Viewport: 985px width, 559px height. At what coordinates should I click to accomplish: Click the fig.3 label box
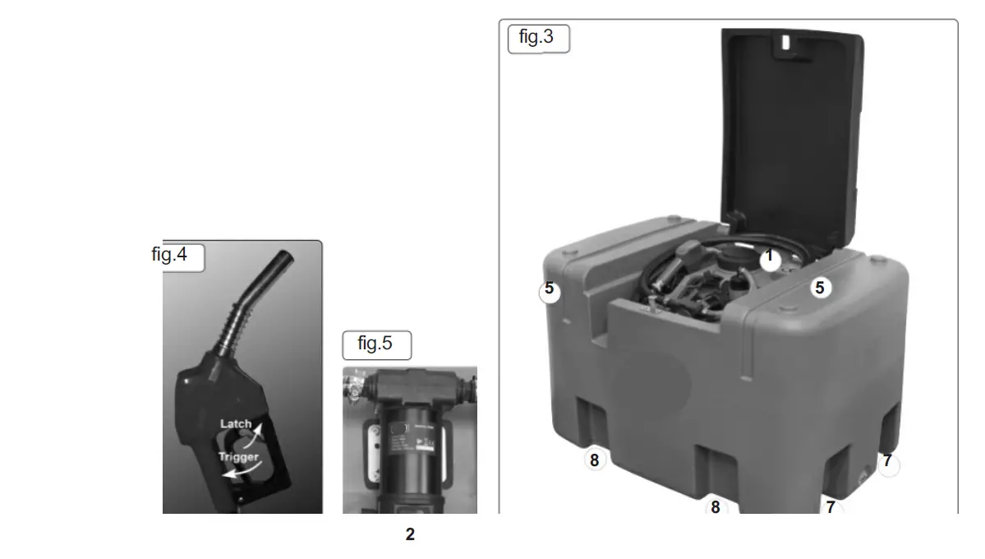click(x=538, y=38)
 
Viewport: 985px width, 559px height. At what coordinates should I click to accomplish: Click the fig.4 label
click(x=170, y=255)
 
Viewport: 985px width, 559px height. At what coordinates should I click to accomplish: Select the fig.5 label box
click(x=376, y=344)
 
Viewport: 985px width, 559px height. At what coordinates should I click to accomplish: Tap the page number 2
click(x=410, y=535)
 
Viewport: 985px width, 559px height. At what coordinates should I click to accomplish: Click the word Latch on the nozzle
click(x=236, y=424)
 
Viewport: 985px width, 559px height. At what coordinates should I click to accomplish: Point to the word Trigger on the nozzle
click(x=238, y=456)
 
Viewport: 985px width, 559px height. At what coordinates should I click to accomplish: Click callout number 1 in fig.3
click(x=770, y=257)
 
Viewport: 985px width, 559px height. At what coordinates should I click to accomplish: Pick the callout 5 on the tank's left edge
click(x=550, y=290)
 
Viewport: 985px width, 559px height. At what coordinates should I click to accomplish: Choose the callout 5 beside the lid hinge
click(x=819, y=288)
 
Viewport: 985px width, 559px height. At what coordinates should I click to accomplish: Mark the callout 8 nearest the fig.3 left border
click(x=595, y=460)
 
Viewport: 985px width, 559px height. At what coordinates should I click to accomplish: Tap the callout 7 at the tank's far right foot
click(x=887, y=462)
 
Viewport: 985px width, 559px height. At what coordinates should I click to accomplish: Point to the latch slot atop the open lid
click(x=789, y=41)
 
